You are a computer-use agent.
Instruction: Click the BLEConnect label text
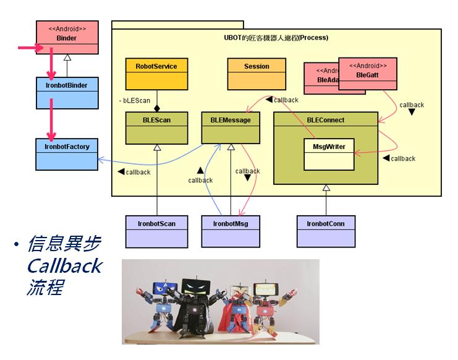point(325,119)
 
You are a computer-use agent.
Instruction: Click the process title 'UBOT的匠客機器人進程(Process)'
point(276,38)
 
